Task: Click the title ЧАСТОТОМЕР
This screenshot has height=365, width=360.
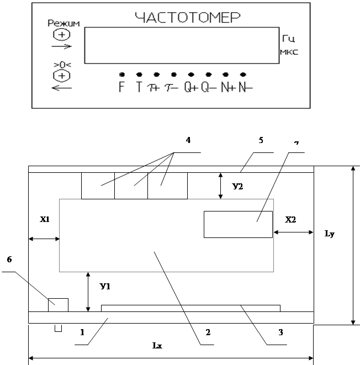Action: (x=188, y=18)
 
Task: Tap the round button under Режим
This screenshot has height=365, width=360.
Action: (x=62, y=34)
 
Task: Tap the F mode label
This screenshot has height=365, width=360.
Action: (x=121, y=87)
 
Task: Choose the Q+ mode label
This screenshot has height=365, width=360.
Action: (x=190, y=88)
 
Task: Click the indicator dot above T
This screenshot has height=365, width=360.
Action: (x=139, y=74)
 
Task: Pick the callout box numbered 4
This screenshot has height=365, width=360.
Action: (x=189, y=140)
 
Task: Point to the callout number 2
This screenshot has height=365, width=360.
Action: (x=208, y=332)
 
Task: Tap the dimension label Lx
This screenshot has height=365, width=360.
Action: (x=157, y=345)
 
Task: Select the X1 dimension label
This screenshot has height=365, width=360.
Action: (x=44, y=219)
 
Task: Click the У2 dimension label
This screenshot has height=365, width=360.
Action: (x=237, y=187)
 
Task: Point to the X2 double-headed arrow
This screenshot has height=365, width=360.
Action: (x=293, y=232)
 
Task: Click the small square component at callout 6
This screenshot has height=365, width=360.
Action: (x=58, y=304)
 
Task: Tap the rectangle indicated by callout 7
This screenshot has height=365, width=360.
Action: (x=238, y=224)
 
